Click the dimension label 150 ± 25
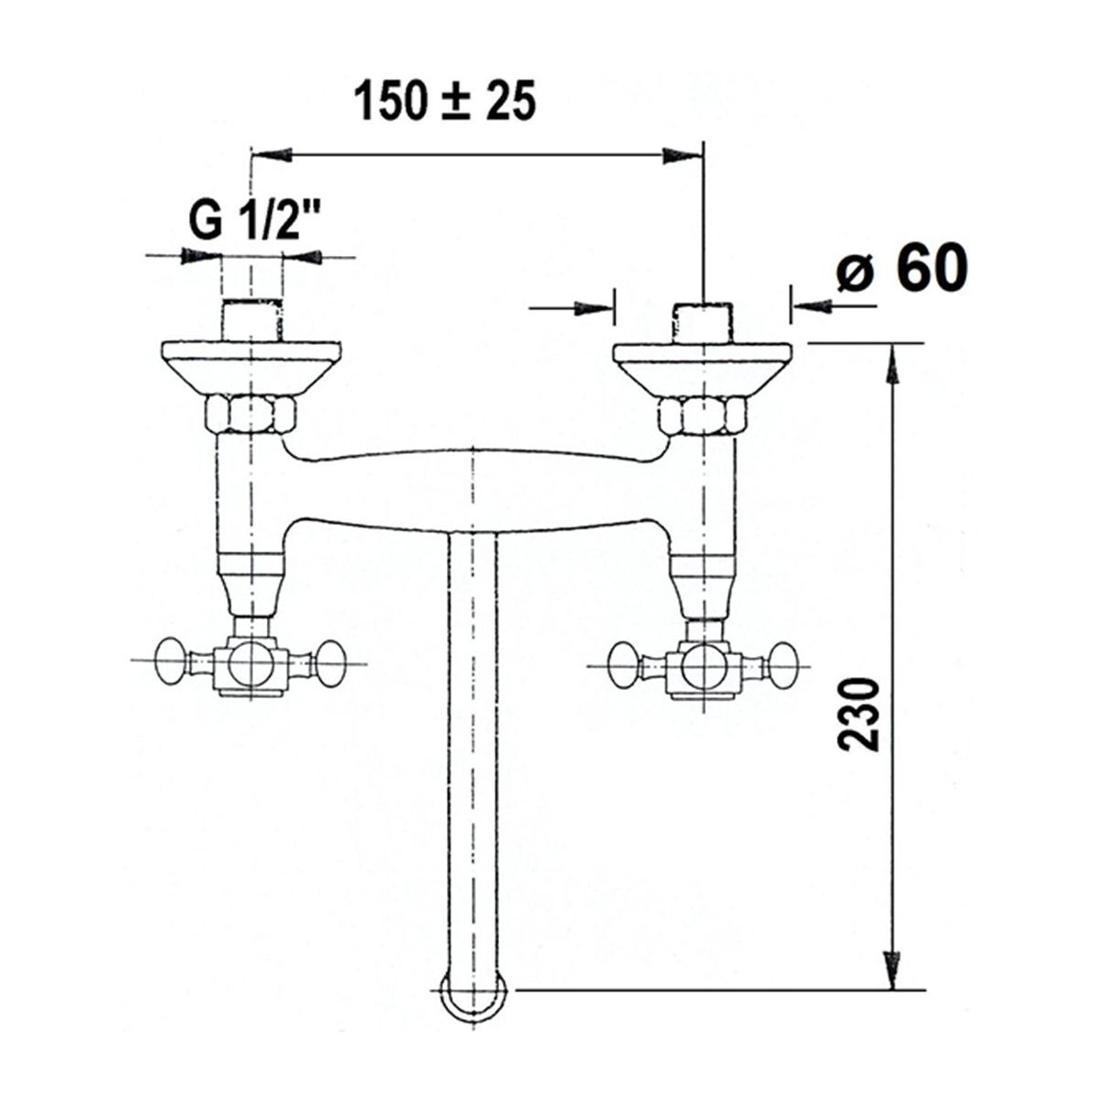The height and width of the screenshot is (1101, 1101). (x=444, y=102)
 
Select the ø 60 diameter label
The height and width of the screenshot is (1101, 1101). (x=903, y=267)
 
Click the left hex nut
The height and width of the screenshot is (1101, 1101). (x=250, y=415)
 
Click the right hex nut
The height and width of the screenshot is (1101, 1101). (x=703, y=417)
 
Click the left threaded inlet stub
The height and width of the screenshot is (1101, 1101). (x=252, y=320)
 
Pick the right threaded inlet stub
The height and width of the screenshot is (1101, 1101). (x=703, y=323)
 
